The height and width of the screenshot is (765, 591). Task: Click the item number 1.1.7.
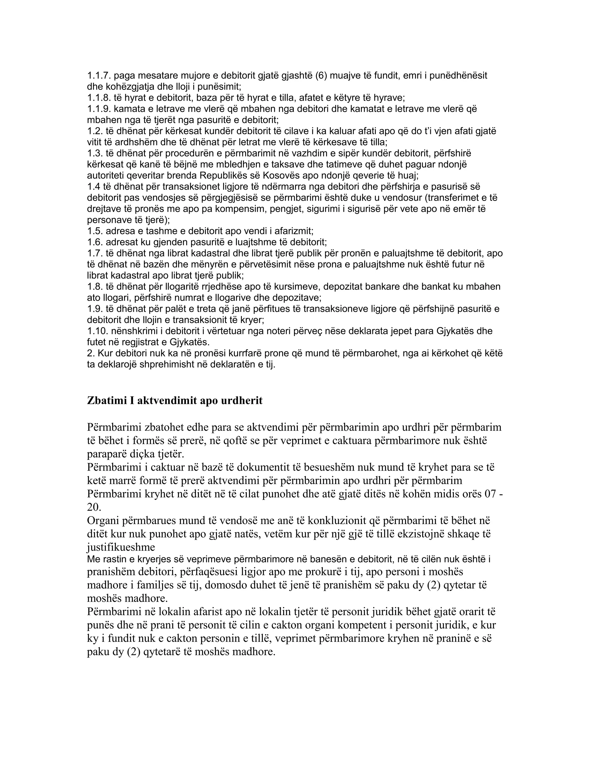[99, 76]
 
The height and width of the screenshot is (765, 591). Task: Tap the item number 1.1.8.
[99, 98]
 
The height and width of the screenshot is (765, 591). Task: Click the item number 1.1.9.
[99, 109]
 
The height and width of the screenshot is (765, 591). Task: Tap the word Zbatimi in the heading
[107, 401]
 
